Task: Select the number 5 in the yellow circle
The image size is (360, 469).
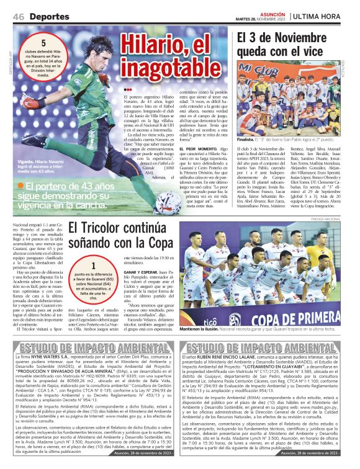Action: coord(43,43)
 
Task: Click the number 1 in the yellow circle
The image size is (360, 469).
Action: coord(93,265)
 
